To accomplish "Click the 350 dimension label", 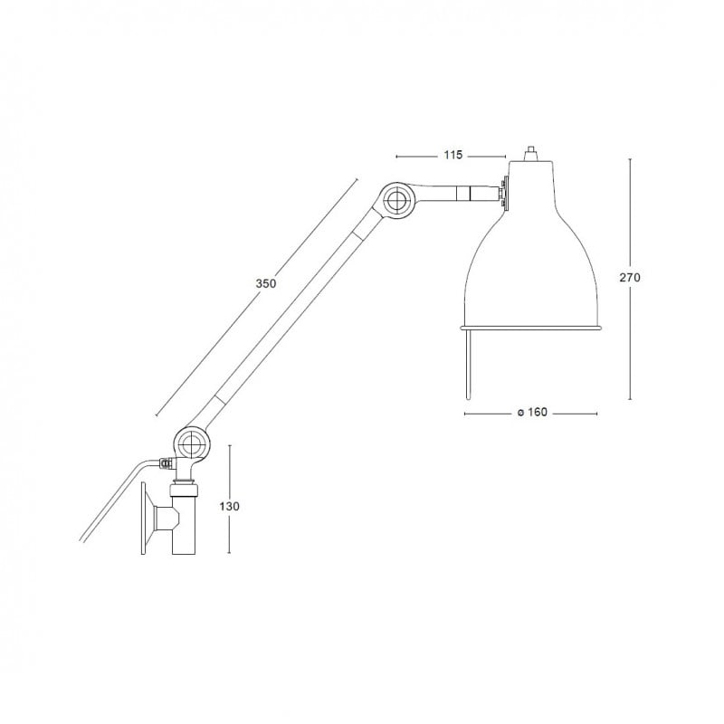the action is [266, 283].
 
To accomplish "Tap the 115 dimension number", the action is [453, 155].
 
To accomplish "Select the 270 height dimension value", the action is [630, 278].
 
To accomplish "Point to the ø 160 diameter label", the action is [532, 412].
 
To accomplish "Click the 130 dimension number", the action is [230, 507].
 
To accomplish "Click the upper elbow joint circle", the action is [397, 200].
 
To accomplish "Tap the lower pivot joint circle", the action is [191, 444].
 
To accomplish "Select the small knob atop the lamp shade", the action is [531, 154].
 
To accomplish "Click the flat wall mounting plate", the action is [143, 518].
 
